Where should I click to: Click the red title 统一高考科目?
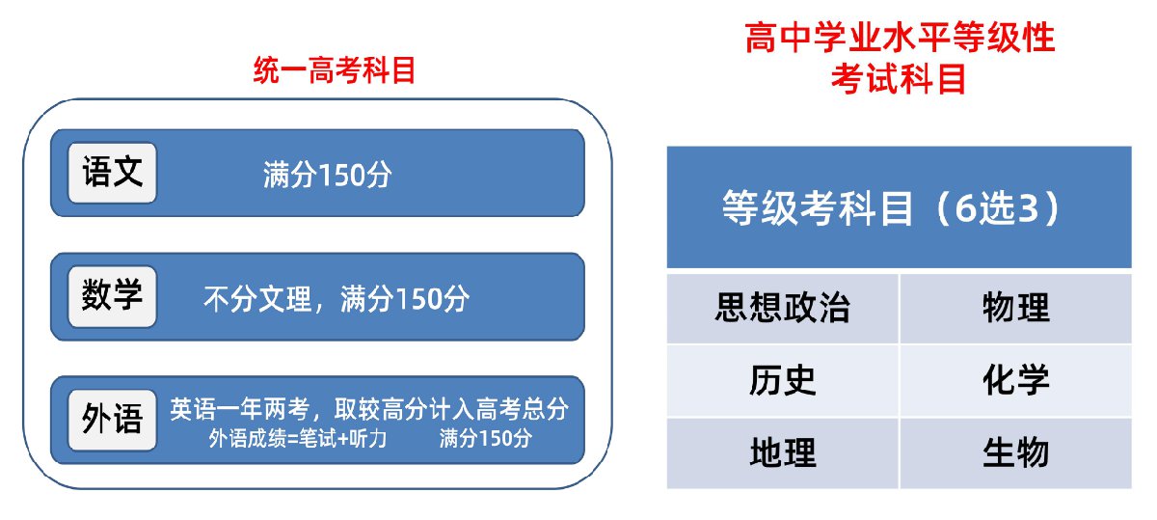(335, 70)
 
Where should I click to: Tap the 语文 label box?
(112, 173)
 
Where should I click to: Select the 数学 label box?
(112, 296)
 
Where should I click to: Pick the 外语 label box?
(112, 420)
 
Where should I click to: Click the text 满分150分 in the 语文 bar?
(328, 175)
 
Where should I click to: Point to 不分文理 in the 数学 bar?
(257, 299)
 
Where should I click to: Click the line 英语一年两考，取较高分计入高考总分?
(369, 409)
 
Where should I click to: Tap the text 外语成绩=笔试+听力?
(298, 439)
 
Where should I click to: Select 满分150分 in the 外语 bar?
(486, 439)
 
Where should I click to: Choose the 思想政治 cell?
(783, 308)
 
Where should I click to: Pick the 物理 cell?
(1016, 308)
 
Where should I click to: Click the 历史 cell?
(783, 381)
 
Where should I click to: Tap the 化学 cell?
(1016, 381)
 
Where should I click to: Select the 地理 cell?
(783, 453)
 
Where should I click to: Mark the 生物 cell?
(1016, 453)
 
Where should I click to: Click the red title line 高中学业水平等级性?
(900, 38)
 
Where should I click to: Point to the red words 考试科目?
(899, 78)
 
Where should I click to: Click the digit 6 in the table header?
(966, 208)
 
